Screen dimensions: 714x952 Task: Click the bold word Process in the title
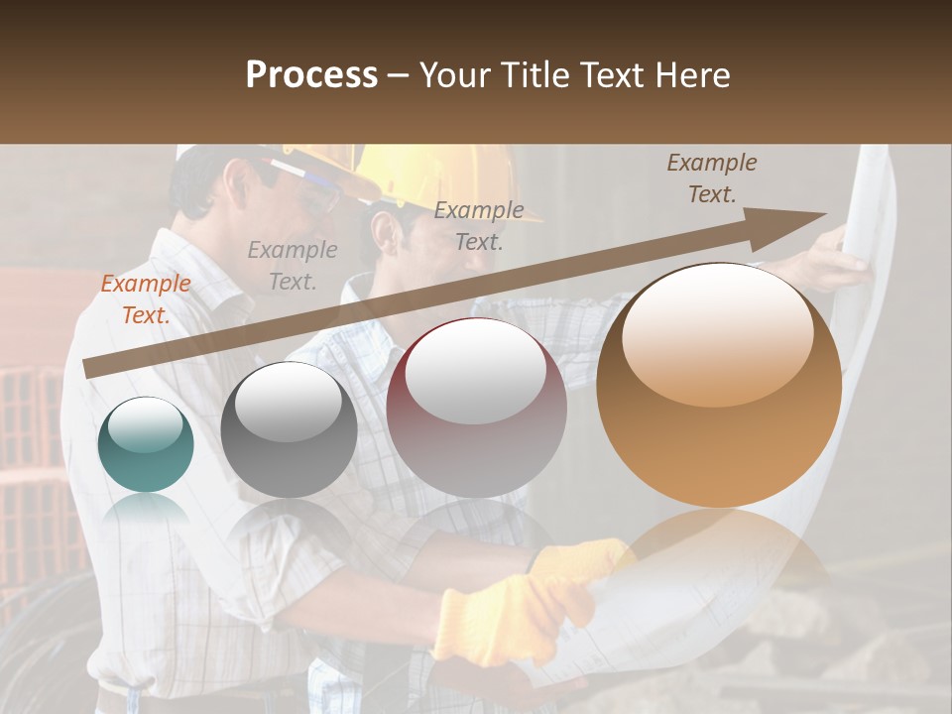(311, 75)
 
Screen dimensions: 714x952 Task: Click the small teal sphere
(146, 444)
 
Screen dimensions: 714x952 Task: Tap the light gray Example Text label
(292, 266)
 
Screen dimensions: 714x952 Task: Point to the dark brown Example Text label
(711, 178)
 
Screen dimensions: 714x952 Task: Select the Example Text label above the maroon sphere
(479, 225)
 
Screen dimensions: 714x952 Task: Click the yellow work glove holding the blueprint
(506, 615)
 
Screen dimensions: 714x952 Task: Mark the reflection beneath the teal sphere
(146, 512)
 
